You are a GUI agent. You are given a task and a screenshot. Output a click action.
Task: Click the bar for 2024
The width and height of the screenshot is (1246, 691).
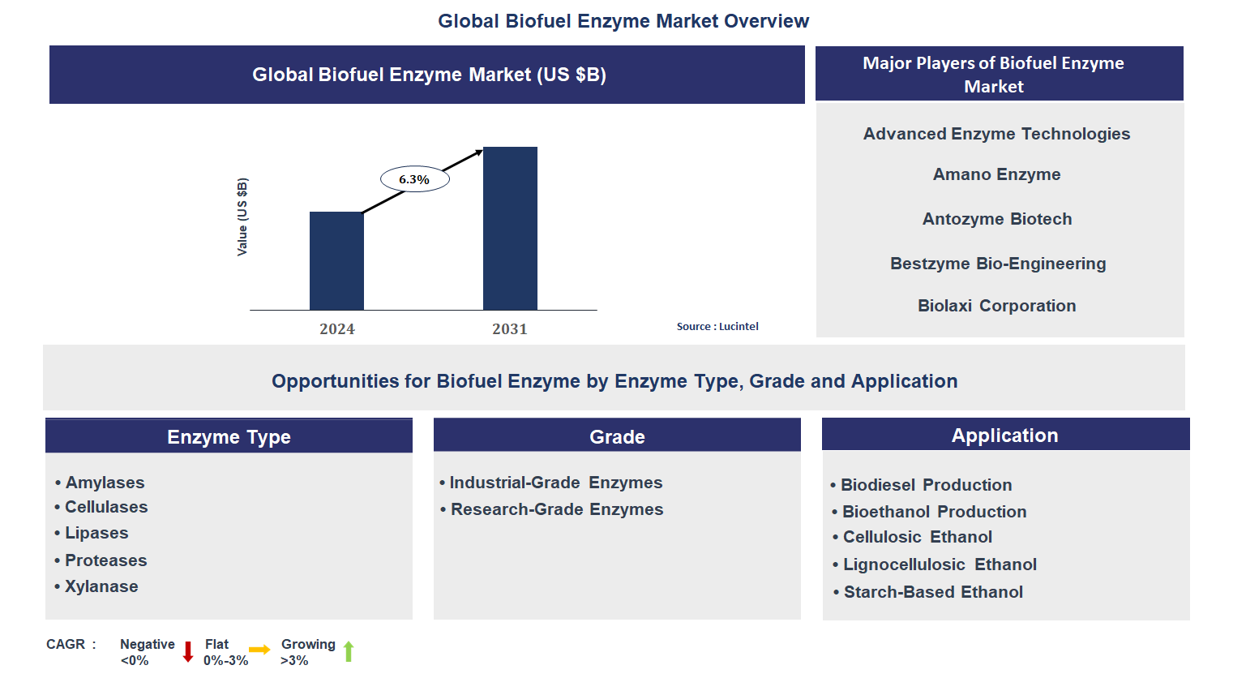pos(336,261)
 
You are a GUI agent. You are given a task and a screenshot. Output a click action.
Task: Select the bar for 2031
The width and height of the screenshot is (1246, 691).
pos(510,229)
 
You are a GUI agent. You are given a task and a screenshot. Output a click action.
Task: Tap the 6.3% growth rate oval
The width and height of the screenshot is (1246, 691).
pos(414,179)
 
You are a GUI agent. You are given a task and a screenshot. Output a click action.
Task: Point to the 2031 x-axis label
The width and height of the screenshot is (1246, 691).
pos(509,328)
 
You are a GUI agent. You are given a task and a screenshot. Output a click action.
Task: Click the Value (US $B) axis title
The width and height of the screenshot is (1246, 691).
pos(242,217)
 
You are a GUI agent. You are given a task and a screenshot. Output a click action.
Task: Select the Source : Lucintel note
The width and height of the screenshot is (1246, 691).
pos(717,326)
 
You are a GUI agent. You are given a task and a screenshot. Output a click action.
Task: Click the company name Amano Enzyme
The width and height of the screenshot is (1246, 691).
pos(996,174)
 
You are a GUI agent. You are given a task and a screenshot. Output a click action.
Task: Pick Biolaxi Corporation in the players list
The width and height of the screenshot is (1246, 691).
pos(996,306)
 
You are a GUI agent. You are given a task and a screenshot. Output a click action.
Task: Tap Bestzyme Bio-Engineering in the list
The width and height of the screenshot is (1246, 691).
pos(997,264)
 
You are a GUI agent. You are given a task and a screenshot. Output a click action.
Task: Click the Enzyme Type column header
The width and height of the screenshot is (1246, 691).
pos(229,436)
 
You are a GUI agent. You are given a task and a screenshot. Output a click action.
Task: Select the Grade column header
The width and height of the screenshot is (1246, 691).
pos(617,436)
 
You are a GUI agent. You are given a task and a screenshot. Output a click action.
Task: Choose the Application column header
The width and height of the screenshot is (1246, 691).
pos(1004,436)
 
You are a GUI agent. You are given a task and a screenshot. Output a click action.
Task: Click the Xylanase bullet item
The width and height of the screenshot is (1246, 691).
pos(101,586)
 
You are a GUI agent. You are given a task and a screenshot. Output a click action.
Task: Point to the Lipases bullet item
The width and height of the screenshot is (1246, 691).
pos(96,533)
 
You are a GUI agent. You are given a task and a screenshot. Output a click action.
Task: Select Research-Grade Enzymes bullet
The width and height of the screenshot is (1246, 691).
pos(557,509)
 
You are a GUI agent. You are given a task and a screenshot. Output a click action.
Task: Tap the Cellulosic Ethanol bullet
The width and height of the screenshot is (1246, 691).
pos(917,537)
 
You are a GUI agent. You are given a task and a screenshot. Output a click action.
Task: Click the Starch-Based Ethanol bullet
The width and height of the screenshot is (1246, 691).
pos(933,592)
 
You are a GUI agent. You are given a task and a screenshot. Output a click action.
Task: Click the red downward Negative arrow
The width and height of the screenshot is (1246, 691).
pos(188,651)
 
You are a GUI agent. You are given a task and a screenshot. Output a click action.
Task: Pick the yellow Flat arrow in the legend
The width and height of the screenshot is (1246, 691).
pos(259,650)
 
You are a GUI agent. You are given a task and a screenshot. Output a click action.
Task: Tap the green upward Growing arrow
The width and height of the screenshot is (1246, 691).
pos(349,651)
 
